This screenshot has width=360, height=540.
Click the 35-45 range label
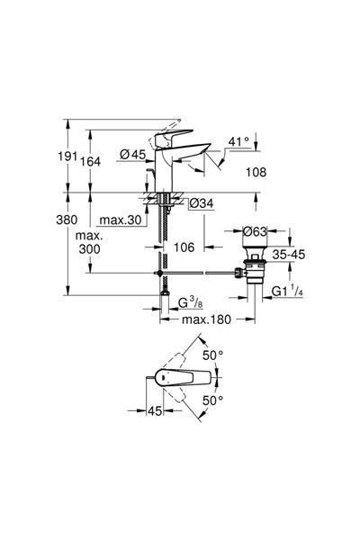point(292,255)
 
